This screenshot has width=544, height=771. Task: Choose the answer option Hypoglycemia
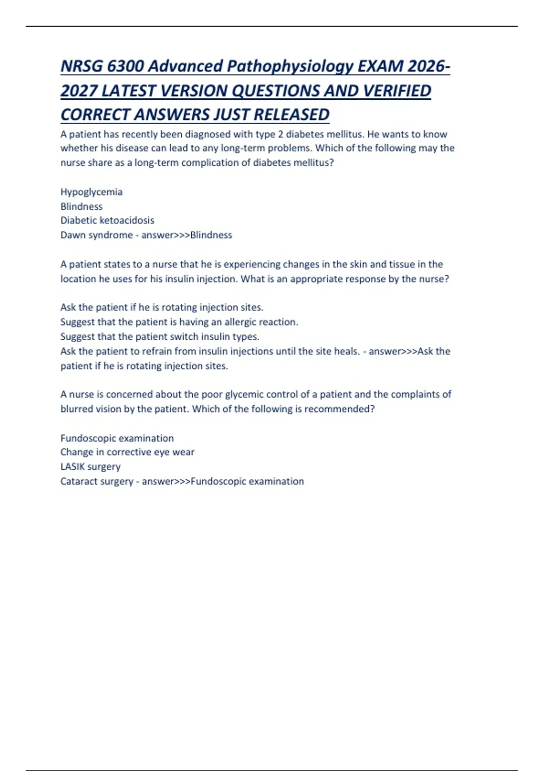tap(92, 192)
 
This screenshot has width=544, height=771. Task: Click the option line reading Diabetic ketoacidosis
tap(107, 220)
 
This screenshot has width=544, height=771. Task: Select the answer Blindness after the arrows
tap(211, 235)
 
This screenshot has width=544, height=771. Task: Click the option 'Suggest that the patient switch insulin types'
tap(160, 337)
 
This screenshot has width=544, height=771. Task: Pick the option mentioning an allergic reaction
tap(179, 322)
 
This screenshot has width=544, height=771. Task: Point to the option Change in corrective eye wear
tap(127, 452)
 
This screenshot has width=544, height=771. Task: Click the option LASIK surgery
tap(91, 467)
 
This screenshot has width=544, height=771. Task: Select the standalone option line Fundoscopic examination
tap(117, 438)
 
